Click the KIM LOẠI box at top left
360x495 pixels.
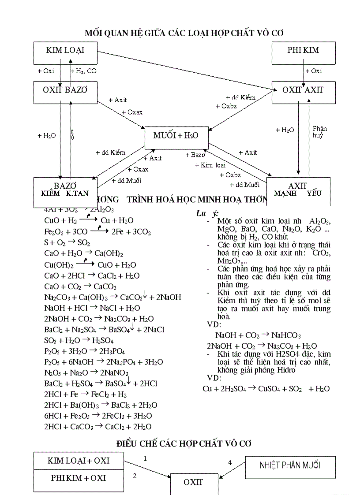[65, 53]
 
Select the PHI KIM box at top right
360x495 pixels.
[303, 53]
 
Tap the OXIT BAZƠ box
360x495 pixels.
[65, 92]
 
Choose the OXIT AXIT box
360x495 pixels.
[303, 92]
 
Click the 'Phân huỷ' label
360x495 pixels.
[319, 132]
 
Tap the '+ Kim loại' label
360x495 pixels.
[210, 165]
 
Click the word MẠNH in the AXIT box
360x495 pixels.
[285, 194]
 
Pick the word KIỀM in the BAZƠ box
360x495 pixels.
[50, 194]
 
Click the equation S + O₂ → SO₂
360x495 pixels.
[67, 242]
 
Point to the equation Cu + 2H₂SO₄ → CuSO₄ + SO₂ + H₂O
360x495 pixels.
[266, 389]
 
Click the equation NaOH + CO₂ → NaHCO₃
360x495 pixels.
[258, 335]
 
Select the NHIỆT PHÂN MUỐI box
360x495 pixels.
[290, 465]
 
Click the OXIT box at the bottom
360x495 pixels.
[193, 482]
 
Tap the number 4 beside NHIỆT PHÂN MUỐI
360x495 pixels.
[229, 462]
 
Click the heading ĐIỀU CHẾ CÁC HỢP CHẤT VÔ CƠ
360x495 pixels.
[184, 443]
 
